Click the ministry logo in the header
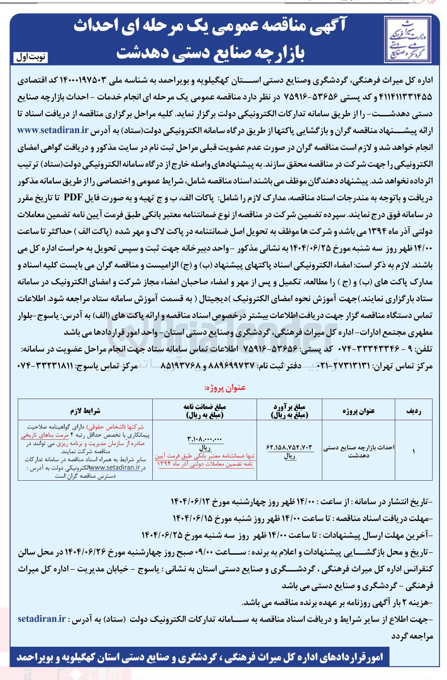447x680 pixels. (x=407, y=40)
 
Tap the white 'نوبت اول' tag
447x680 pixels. (x=31, y=57)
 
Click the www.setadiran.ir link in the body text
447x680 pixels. (x=53, y=130)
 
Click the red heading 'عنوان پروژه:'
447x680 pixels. (x=225, y=388)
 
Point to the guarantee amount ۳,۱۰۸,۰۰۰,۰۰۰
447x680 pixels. (x=204, y=439)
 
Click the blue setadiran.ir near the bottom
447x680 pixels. (x=42, y=619)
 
